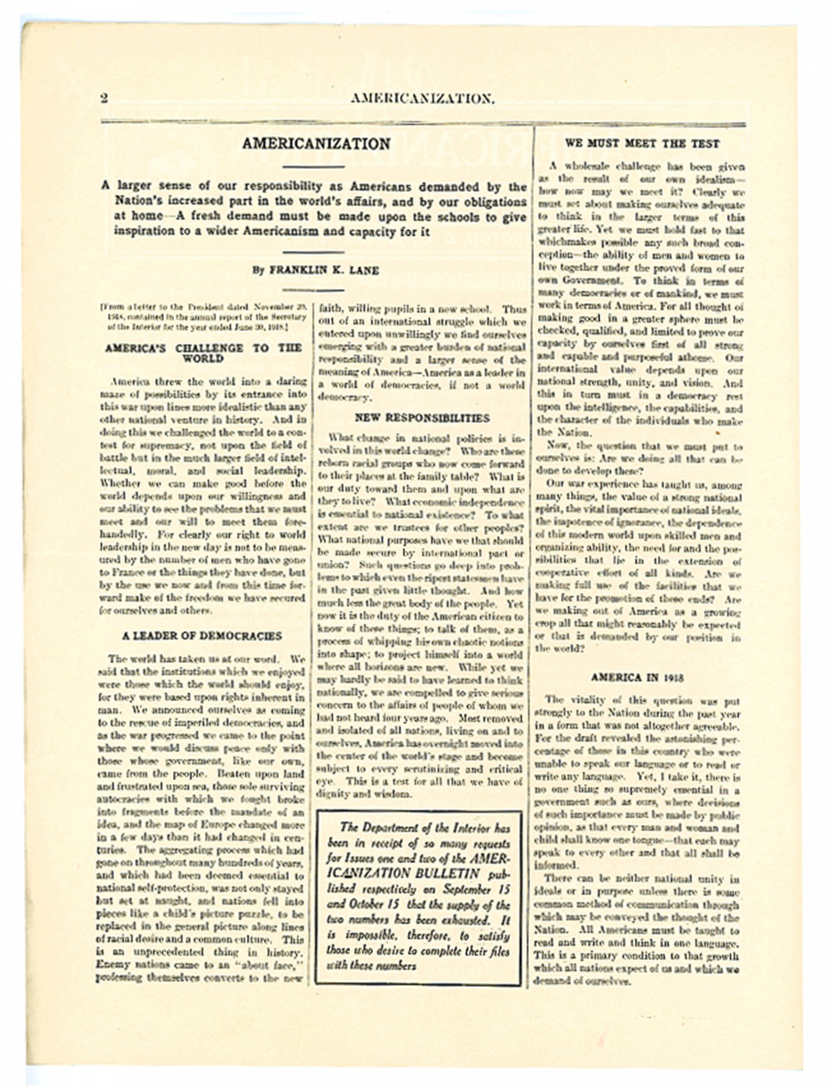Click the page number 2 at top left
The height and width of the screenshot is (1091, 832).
tap(104, 99)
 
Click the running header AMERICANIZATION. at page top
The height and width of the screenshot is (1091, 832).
tap(422, 99)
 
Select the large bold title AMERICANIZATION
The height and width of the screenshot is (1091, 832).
tap(316, 144)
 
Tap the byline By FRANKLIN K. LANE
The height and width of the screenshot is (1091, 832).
tap(316, 271)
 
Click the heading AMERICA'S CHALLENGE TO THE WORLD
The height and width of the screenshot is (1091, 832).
tap(203, 353)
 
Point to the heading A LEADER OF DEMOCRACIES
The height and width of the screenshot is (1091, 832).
tap(202, 636)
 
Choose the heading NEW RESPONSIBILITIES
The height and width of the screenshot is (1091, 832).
tap(422, 418)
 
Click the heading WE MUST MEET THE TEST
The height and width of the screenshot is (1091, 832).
tap(642, 144)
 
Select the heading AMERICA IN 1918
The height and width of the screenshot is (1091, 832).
tap(637, 678)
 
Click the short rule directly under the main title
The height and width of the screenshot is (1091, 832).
tap(313, 166)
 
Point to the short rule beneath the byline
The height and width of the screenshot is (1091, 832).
tap(313, 290)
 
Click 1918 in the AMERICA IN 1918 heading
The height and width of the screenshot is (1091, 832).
tap(672, 678)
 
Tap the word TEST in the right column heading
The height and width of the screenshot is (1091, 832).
tap(705, 144)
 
